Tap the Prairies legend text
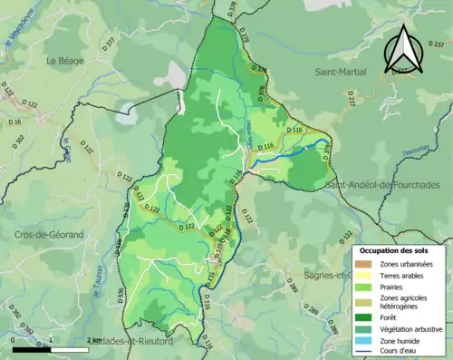[x=394, y=286]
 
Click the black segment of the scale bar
[x=31, y=349]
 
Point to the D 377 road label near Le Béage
[x=111, y=43]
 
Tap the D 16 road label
[x=15, y=121]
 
